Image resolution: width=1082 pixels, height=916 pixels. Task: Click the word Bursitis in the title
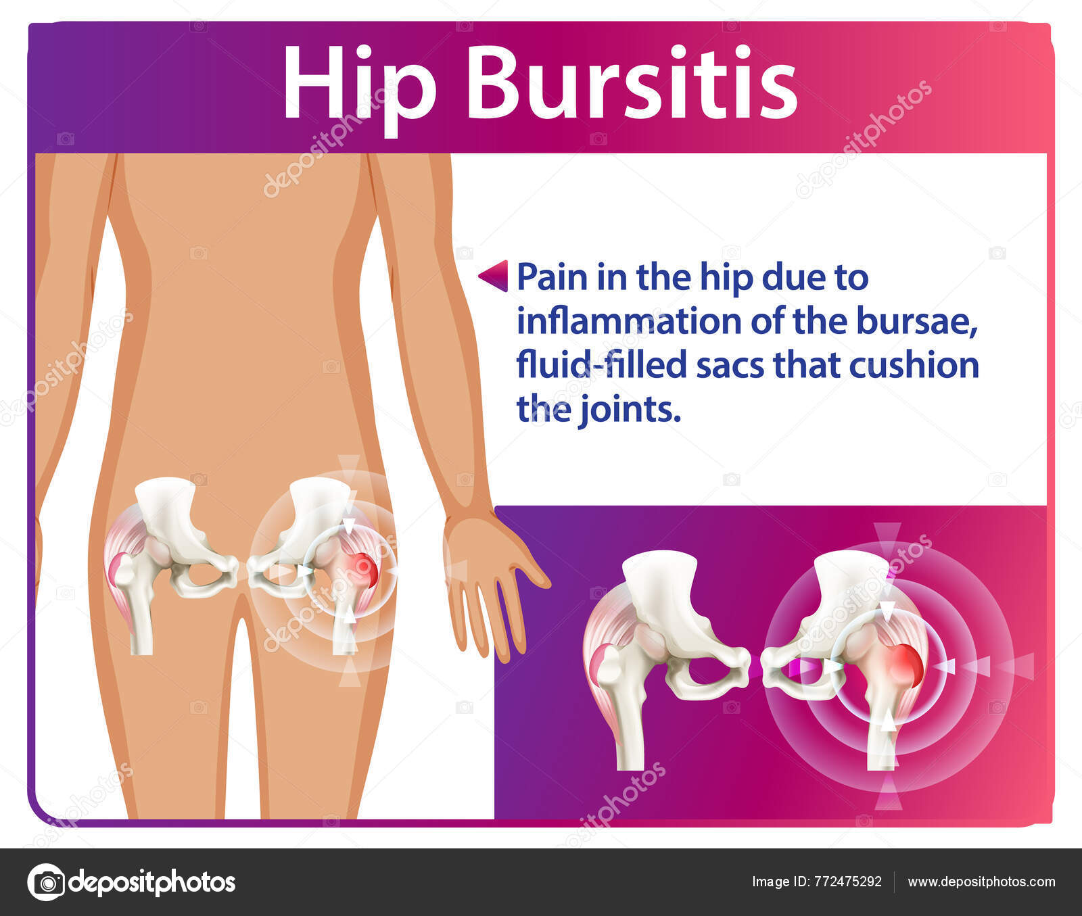pos(632,82)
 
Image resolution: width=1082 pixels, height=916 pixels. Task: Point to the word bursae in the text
pos(917,322)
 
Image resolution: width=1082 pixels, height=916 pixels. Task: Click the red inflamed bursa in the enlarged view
pos(905,665)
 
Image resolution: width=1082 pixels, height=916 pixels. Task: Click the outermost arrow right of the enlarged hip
pos(1017,667)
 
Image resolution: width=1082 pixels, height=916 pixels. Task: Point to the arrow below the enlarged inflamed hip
pos(889,798)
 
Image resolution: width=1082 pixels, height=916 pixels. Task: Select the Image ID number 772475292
pos(848,882)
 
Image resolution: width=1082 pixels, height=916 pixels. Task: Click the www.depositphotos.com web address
pos(981,882)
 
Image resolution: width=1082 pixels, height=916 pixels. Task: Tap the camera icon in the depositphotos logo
pos(46,882)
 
